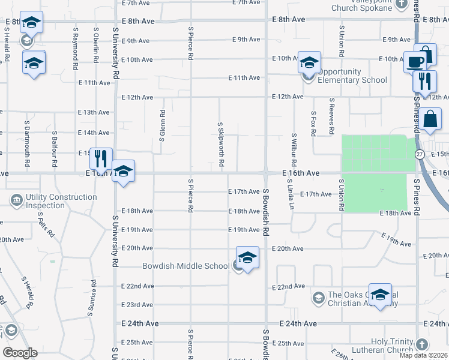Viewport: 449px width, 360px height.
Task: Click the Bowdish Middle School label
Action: coord(185,266)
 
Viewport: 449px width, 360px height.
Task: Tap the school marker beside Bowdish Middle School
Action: coord(247,258)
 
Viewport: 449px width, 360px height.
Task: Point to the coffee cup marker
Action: coord(415,62)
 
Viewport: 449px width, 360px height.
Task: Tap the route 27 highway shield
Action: coord(420,154)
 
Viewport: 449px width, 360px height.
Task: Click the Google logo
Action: coord(20,353)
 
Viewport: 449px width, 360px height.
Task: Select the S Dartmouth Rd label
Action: coord(27,143)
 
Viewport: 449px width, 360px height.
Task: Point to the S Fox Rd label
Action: coord(313,124)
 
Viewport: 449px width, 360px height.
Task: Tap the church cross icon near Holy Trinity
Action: coord(422,345)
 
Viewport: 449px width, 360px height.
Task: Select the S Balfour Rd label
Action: coord(54,148)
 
